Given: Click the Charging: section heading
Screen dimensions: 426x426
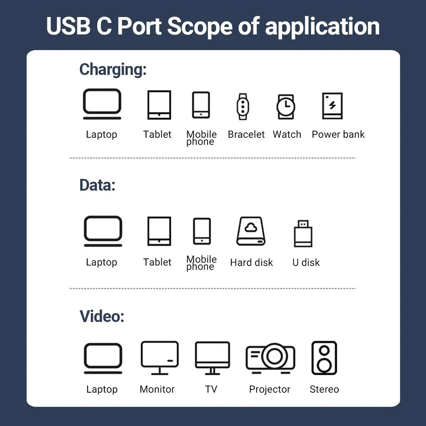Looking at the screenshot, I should pyautogui.click(x=113, y=69).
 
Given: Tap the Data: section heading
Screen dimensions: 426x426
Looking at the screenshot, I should pyautogui.click(x=97, y=185).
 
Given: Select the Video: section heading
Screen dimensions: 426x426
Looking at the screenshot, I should pyautogui.click(x=102, y=317).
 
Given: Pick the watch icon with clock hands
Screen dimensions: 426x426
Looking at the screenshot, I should pyautogui.click(x=286, y=106).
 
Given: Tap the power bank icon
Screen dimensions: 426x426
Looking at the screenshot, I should pyautogui.click(x=332, y=106).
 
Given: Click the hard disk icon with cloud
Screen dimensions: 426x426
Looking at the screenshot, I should pyautogui.click(x=251, y=231).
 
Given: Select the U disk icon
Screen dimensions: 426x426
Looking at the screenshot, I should pyautogui.click(x=303, y=233).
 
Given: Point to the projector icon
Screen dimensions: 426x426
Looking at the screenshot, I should pyautogui.click(x=270, y=357).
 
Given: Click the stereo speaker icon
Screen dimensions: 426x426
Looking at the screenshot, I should pyautogui.click(x=324, y=358).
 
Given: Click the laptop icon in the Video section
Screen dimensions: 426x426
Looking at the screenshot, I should pyautogui.click(x=103, y=358).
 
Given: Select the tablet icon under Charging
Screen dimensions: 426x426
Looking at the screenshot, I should pyautogui.click(x=159, y=105).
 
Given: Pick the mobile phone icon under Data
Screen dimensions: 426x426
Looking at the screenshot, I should pyautogui.click(x=202, y=231).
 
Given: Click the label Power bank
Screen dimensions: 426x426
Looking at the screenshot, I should pyautogui.click(x=338, y=134).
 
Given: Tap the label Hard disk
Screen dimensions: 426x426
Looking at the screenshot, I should pyautogui.click(x=251, y=263).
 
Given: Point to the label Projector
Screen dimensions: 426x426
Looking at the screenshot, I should pyautogui.click(x=270, y=389).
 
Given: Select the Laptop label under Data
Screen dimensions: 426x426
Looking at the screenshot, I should pyautogui.click(x=102, y=263).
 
